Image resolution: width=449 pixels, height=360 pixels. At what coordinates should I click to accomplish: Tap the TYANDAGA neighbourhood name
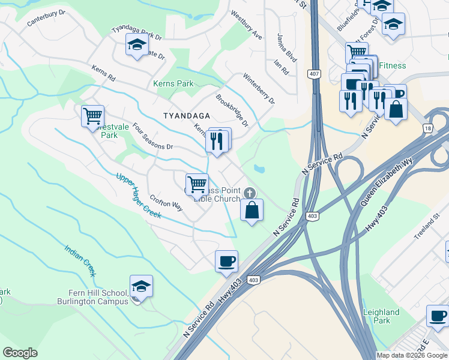click(187, 115)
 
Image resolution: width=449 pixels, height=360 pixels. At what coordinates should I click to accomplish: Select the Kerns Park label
click(173, 83)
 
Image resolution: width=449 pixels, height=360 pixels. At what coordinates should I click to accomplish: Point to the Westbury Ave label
click(247, 26)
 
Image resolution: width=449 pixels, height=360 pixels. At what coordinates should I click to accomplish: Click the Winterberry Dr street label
click(259, 88)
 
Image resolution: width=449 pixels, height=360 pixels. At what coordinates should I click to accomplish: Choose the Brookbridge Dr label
click(232, 110)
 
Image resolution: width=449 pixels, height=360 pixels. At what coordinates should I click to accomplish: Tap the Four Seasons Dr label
click(152, 137)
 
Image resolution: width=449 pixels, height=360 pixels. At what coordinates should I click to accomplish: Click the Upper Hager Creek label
click(138, 196)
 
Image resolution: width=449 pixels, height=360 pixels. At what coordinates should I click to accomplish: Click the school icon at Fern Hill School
click(141, 286)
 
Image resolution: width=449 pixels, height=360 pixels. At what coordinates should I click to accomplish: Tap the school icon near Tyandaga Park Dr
click(137, 44)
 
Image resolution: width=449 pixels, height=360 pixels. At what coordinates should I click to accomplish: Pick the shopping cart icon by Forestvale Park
click(92, 115)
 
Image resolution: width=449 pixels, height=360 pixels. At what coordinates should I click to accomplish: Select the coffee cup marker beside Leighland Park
click(437, 316)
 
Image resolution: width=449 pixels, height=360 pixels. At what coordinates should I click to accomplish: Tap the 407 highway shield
click(314, 74)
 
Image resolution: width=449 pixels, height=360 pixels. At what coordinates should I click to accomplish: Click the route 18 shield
click(427, 128)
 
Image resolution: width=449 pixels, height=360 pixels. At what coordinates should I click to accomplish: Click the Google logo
click(20, 353)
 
